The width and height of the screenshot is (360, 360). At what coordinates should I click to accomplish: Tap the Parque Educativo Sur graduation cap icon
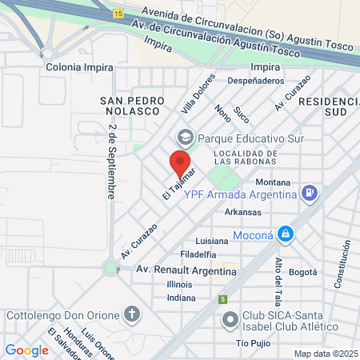click(x=186, y=137)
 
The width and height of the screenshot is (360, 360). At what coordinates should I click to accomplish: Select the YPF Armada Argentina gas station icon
click(x=310, y=193)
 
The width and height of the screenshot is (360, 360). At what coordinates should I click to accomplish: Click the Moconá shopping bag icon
click(x=286, y=235)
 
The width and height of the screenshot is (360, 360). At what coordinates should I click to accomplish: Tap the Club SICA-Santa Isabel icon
click(x=229, y=319)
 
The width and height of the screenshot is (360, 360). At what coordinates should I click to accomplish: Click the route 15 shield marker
click(x=118, y=14)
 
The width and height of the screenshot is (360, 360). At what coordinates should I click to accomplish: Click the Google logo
click(x=26, y=350)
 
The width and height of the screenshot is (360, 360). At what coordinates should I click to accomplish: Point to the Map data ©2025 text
click(x=325, y=354)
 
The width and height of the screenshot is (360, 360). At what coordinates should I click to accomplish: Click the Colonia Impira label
click(x=79, y=67)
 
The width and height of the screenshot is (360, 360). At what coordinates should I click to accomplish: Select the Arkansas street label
click(x=242, y=212)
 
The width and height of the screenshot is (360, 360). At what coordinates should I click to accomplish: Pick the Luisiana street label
click(x=212, y=241)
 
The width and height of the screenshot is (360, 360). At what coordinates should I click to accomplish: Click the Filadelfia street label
click(x=198, y=254)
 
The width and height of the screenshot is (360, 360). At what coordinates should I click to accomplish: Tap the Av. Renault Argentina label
click(x=186, y=270)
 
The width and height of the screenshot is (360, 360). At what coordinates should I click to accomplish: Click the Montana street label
click(x=273, y=182)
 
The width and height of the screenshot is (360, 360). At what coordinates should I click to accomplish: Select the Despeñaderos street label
click(x=256, y=81)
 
